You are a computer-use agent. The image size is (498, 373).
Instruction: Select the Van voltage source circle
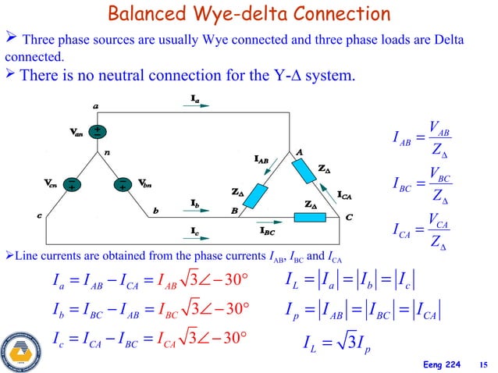(101, 133)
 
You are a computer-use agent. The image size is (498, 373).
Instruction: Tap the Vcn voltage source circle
(72, 186)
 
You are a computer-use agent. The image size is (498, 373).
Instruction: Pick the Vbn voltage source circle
(123, 185)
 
